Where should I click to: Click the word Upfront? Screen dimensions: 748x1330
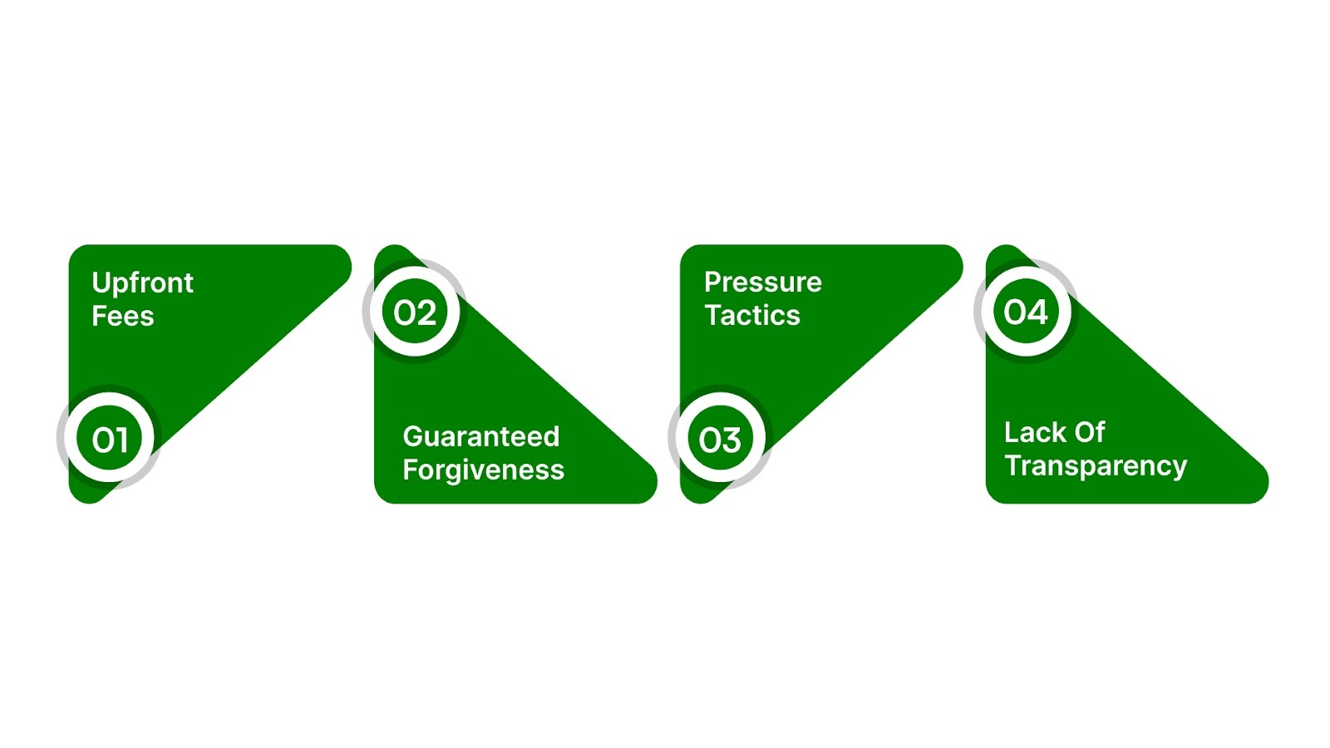tap(142, 283)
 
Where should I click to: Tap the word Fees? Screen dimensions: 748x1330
tap(123, 317)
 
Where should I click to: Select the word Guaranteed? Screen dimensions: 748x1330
tap(480, 436)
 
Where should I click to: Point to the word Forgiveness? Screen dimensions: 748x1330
tap(483, 470)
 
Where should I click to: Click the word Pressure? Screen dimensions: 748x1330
tap(762, 283)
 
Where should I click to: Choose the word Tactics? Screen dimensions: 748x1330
tap(752, 316)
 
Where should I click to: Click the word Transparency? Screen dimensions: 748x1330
tap(1096, 466)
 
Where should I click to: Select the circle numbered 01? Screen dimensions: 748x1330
tap(110, 439)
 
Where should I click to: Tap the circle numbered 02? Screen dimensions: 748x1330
tap(415, 312)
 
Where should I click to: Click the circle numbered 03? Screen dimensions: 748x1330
tap(720, 439)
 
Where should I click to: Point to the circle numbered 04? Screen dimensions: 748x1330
tap(1026, 312)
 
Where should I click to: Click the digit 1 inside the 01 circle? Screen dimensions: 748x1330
tap(122, 440)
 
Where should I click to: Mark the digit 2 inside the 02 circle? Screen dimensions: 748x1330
tap(426, 313)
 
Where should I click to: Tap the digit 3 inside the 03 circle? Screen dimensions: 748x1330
tap(731, 440)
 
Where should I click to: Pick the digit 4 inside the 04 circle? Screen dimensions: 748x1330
tap(1038, 312)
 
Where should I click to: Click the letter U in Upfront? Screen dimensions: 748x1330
tap(101, 283)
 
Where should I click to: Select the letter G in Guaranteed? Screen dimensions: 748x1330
tap(413, 436)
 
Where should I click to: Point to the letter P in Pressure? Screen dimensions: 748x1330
tap(712, 283)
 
